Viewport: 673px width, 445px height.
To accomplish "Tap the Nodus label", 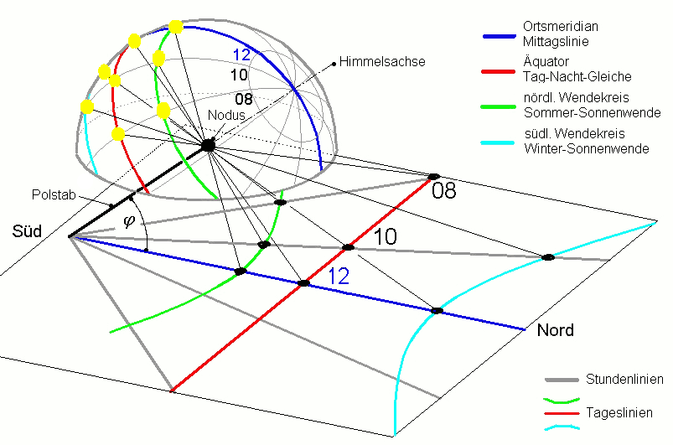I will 228,116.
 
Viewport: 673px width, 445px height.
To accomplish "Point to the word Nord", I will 555,330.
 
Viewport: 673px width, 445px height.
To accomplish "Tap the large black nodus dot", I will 208,146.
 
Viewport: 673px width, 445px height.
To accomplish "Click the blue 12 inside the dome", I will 241,55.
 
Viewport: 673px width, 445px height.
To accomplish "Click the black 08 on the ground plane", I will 444,192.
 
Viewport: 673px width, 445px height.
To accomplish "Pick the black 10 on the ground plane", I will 385,237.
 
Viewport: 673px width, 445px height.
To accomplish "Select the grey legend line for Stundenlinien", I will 562,380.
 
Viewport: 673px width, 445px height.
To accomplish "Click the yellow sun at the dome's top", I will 176,27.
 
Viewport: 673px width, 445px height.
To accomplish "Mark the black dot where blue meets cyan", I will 437,311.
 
